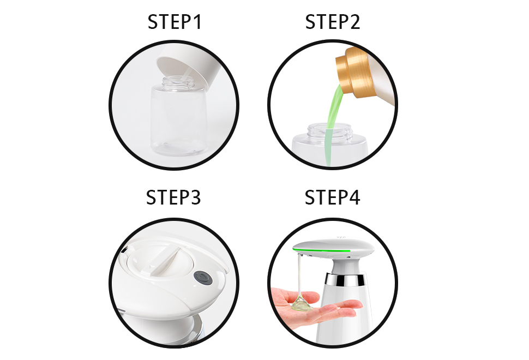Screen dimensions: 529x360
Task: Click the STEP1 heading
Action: click(x=175, y=22)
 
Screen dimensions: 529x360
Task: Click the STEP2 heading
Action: click(x=333, y=22)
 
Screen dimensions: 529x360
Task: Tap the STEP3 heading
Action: click(x=173, y=197)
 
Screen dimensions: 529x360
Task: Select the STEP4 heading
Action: click(x=332, y=197)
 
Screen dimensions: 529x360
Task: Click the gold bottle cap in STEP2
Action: click(x=355, y=71)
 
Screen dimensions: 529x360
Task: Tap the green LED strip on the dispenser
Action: click(x=322, y=250)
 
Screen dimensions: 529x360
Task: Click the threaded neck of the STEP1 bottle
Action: click(x=178, y=83)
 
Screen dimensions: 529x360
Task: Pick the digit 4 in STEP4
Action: click(x=354, y=197)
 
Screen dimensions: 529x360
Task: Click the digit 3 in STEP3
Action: click(x=195, y=197)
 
